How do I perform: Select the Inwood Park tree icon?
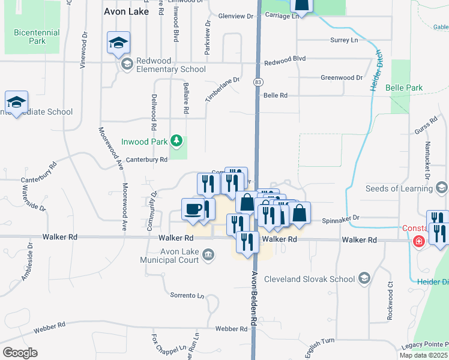[x=176, y=141]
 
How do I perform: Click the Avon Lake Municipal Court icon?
[x=208, y=256]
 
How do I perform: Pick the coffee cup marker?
[x=193, y=209]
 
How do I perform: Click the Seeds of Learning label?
[x=399, y=188]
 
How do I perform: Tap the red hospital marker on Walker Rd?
[x=418, y=241]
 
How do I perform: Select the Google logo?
[x=20, y=352]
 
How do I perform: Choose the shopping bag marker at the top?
[x=302, y=6]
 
